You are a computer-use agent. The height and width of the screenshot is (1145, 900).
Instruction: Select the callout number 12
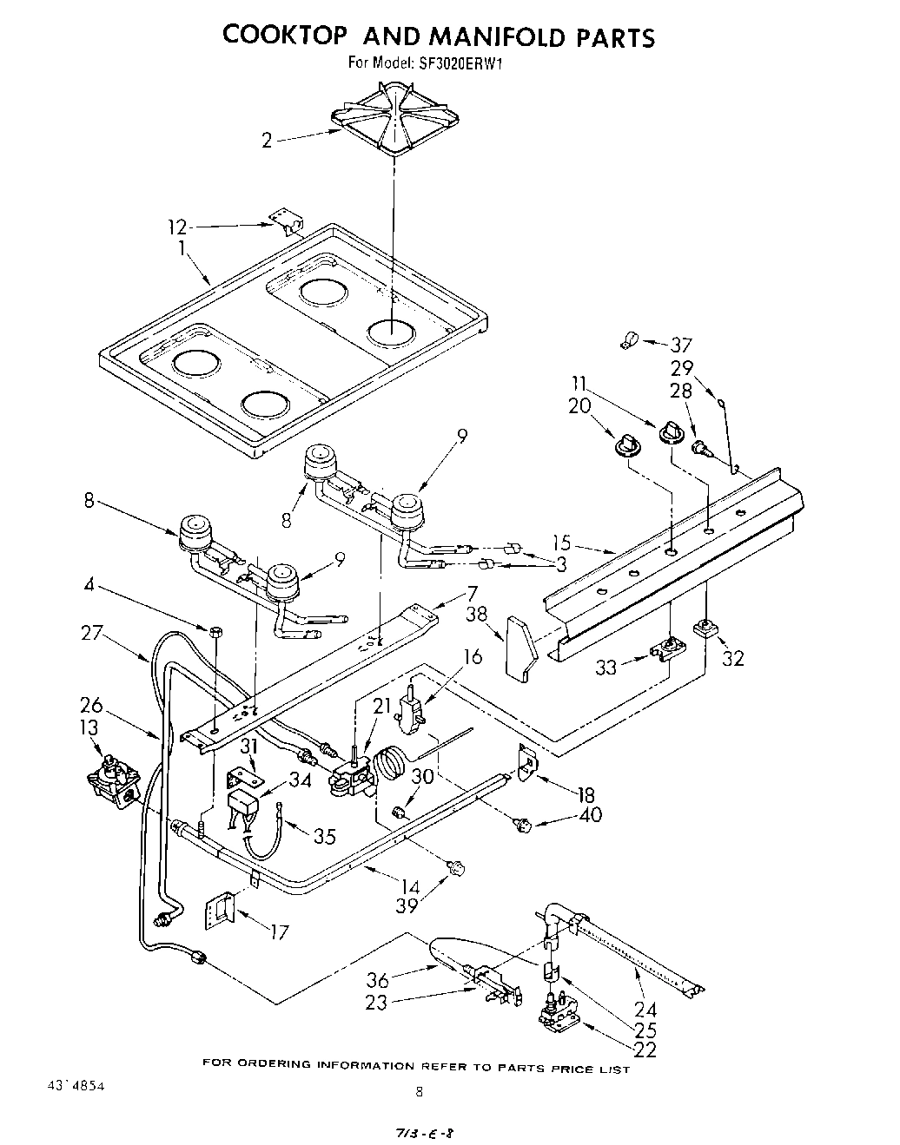177,227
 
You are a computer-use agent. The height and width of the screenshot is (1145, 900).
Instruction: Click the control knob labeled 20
625,444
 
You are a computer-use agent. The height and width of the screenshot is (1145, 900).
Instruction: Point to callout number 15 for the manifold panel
562,543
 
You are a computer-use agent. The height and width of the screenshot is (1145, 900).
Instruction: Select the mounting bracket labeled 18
527,761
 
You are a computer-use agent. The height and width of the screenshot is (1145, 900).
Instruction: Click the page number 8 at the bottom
420,1092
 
